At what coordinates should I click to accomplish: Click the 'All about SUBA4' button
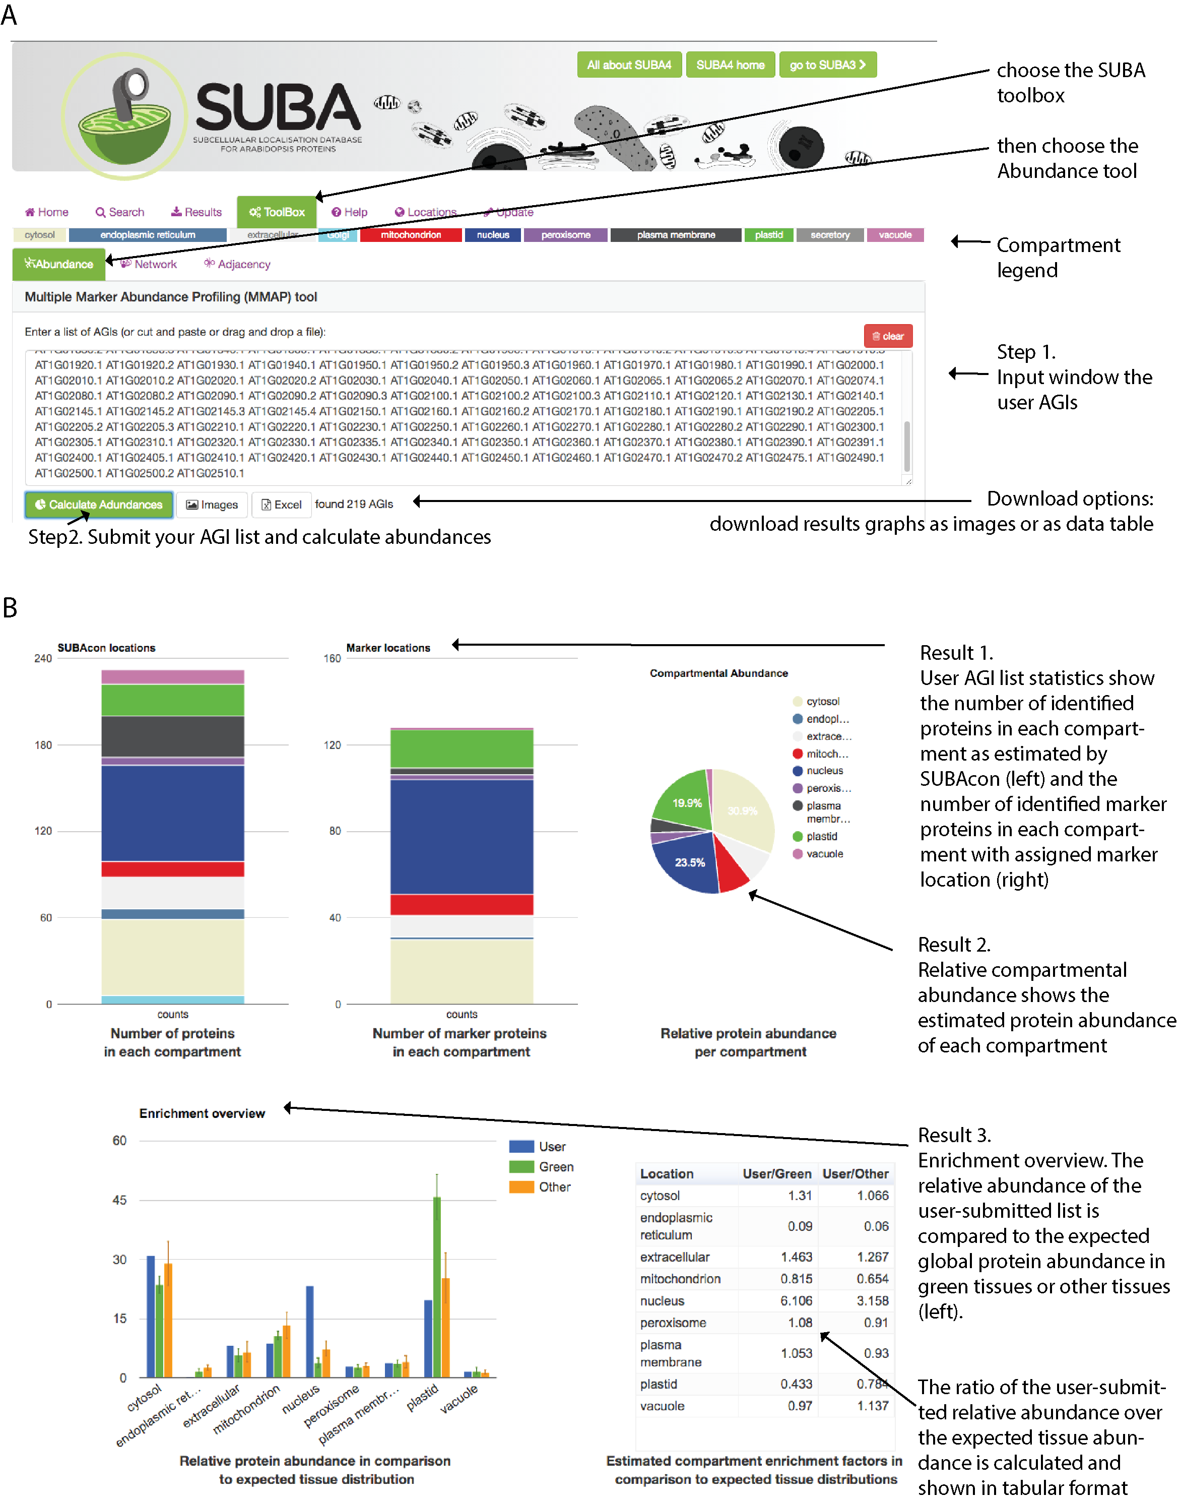tap(628, 65)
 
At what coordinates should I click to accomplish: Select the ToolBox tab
tap(277, 212)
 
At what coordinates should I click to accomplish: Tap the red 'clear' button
tap(887, 336)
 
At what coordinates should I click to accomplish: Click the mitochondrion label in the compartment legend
tap(411, 235)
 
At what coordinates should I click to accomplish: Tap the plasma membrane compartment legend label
tap(676, 235)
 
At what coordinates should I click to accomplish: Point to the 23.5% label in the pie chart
tap(689, 862)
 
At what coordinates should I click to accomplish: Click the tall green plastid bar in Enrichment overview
tap(436, 1286)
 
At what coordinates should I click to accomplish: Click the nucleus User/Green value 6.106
tap(796, 1301)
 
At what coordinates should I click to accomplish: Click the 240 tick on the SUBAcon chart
tap(43, 658)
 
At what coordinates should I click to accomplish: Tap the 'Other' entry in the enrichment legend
tap(554, 1186)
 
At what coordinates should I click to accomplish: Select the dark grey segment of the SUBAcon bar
tap(172, 736)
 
